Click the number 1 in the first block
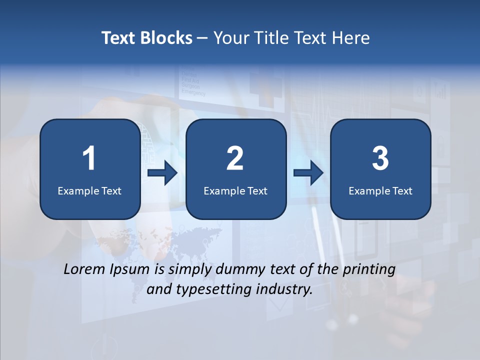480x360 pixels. tap(89, 158)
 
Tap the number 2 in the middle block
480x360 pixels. tap(235, 158)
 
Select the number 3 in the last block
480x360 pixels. tap(380, 158)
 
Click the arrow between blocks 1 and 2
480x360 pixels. tap(162, 173)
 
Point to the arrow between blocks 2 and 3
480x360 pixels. tap(308, 173)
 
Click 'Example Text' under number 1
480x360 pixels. tap(89, 190)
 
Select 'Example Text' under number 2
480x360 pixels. tap(235, 190)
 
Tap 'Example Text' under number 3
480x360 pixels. tap(380, 190)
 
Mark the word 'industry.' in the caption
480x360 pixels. tap(284, 289)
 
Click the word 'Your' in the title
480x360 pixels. tap(230, 38)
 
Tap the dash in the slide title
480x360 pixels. tap(202, 38)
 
